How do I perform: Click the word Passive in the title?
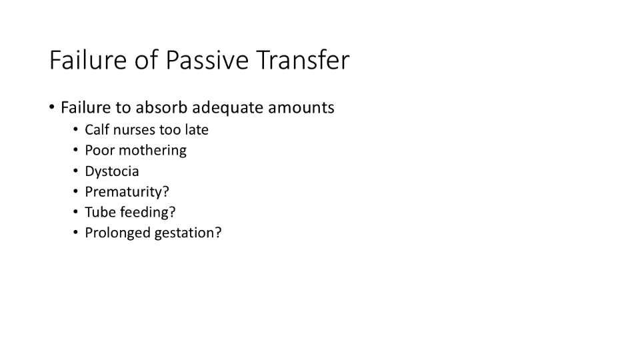[207, 60]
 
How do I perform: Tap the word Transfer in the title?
[303, 59]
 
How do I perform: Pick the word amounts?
[301, 108]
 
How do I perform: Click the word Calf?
[97, 129]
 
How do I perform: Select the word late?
[197, 129]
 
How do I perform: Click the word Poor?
[99, 150]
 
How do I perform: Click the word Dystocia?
[112, 171]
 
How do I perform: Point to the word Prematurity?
[124, 192]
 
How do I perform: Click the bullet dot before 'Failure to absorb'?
[52, 107]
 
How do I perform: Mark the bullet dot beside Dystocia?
[75, 171]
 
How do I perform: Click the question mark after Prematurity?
[166, 191]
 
